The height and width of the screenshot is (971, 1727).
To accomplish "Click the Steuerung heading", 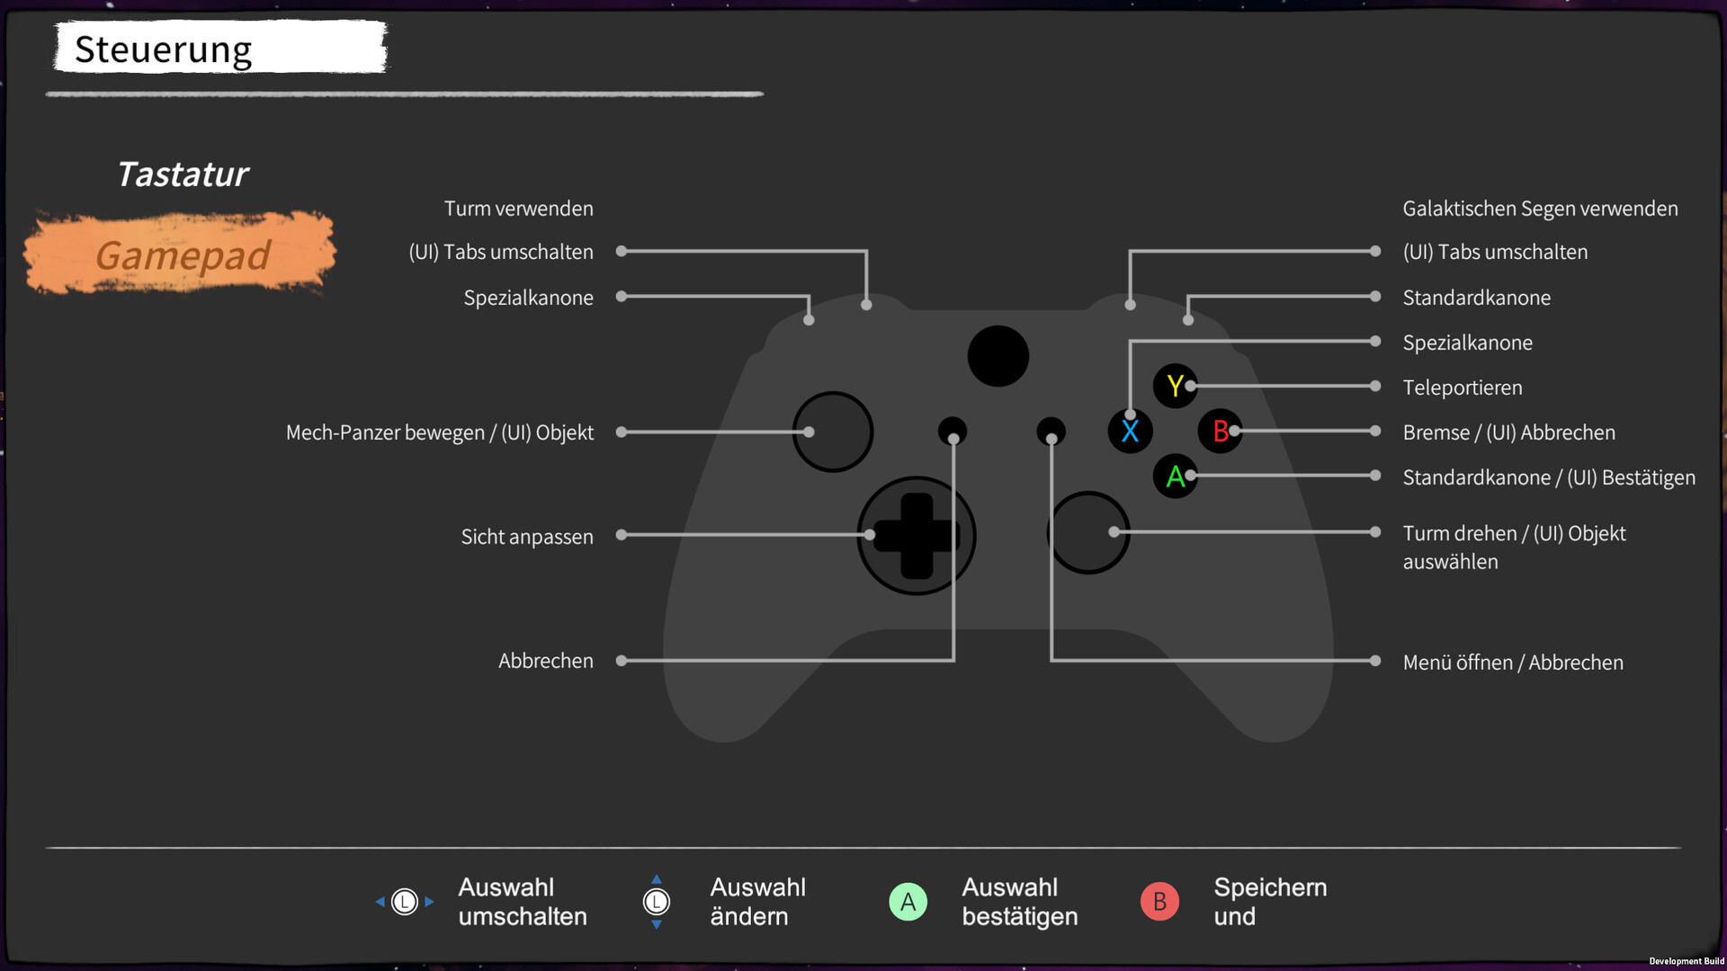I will (x=164, y=49).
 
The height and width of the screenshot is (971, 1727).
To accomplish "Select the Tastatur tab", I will (x=183, y=174).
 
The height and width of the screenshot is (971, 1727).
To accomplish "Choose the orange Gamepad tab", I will (x=183, y=255).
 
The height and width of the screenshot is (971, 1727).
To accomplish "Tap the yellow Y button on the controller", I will (x=1174, y=386).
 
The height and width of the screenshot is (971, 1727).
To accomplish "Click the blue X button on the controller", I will (x=1130, y=432).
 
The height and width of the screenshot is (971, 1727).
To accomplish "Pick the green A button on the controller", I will (x=1174, y=477).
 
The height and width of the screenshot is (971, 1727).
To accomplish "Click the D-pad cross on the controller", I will (x=916, y=536).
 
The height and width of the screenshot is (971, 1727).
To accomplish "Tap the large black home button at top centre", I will (x=998, y=356).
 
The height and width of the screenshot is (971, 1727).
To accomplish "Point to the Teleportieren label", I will (x=1463, y=388).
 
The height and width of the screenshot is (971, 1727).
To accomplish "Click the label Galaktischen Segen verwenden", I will (x=1540, y=209).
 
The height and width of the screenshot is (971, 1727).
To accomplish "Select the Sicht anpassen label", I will (x=527, y=537).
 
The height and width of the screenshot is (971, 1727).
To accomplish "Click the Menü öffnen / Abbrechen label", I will (x=1513, y=663).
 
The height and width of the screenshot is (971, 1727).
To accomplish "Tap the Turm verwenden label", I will (x=519, y=209).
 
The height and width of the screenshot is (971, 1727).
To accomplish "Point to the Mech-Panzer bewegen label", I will (x=440, y=432).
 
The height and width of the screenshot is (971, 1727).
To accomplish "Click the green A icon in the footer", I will (x=908, y=901).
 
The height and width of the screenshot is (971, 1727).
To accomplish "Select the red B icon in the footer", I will (x=1159, y=901).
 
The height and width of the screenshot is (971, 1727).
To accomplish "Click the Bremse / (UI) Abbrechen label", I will (x=1508, y=432).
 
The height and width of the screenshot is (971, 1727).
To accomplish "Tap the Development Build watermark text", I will (x=1686, y=961).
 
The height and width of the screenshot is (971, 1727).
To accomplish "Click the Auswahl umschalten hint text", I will (x=523, y=902).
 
